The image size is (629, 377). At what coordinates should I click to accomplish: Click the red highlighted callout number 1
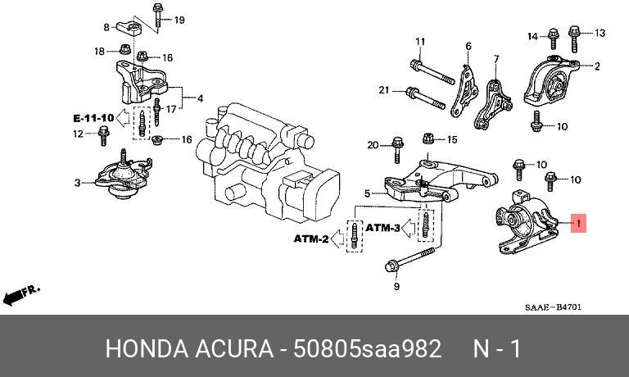(578, 223)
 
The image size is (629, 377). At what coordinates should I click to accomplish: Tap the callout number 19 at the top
(179, 20)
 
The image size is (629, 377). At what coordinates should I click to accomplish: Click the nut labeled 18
(125, 49)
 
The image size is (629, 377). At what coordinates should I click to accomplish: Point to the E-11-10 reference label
(94, 118)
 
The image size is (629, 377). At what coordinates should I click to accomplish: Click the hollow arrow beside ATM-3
(409, 228)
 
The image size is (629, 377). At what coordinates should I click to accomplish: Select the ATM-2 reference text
(311, 238)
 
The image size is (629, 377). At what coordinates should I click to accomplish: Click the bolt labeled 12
(103, 136)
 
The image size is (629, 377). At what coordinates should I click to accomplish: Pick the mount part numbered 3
(123, 176)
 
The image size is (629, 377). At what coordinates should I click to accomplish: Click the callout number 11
(420, 41)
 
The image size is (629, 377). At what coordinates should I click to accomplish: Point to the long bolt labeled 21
(426, 98)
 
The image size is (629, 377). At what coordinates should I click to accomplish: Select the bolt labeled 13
(574, 39)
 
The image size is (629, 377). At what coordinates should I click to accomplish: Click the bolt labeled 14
(554, 39)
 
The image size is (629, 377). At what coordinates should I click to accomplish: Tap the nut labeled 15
(428, 139)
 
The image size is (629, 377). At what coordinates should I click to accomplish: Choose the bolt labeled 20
(397, 150)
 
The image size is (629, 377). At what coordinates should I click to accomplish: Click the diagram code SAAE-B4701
(553, 307)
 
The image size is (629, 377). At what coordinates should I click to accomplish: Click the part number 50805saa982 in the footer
(368, 348)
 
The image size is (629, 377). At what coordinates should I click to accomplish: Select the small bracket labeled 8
(129, 29)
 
